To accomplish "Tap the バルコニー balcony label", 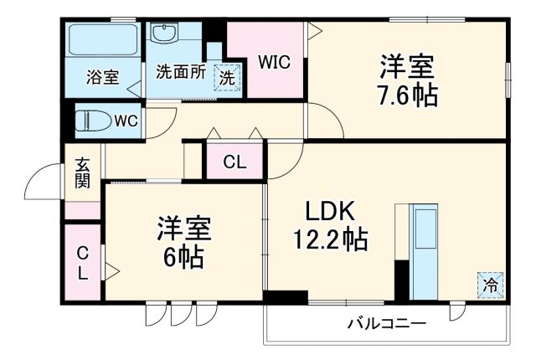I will coord(387,322).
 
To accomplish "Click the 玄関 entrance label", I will coord(83,172).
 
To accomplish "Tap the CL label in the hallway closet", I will coord(234,162).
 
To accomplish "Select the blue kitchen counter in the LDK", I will coord(423,248).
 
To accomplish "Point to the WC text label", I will coord(126,121).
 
